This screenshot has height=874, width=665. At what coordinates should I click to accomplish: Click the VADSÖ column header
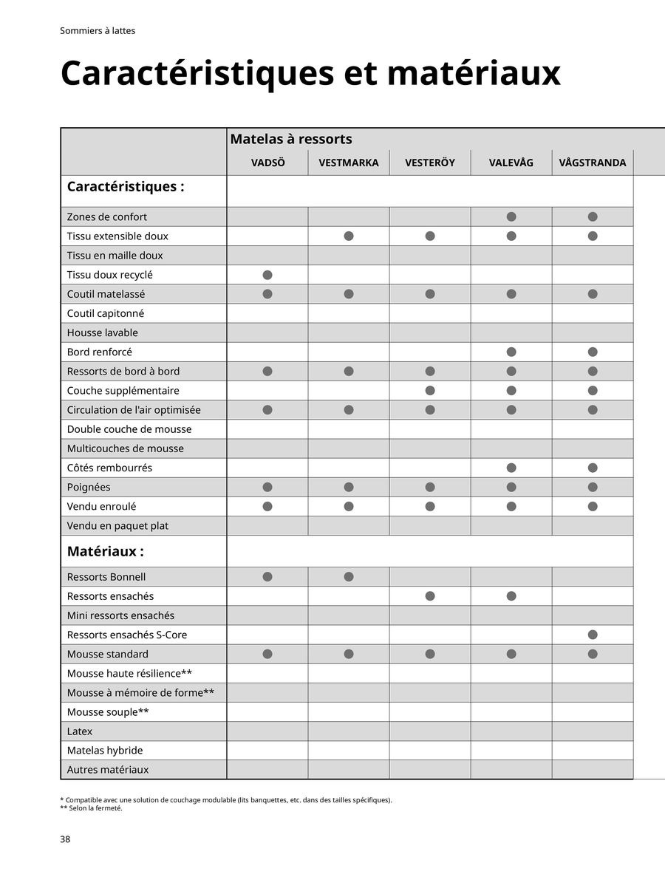[x=267, y=163]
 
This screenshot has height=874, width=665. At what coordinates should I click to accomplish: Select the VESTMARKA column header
[x=349, y=163]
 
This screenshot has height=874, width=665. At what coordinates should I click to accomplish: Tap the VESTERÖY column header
[x=430, y=163]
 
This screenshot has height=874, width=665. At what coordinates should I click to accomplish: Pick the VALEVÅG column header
[x=511, y=163]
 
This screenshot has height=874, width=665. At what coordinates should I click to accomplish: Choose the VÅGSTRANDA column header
[x=593, y=163]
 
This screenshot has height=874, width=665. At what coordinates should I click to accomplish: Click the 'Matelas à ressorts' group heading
[x=291, y=139]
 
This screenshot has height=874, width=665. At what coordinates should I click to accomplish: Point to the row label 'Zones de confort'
[x=107, y=216]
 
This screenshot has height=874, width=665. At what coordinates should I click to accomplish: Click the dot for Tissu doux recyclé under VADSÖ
[x=267, y=275]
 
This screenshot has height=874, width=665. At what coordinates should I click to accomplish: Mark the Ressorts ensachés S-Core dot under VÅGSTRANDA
[x=593, y=635]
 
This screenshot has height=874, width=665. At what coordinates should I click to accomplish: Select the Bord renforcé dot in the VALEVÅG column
[x=511, y=352]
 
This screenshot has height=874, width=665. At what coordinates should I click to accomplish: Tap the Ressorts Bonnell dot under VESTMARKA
[x=349, y=577]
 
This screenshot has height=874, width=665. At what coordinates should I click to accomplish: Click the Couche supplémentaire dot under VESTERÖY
[x=430, y=390]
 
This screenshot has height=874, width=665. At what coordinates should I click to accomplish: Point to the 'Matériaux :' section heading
[x=106, y=551]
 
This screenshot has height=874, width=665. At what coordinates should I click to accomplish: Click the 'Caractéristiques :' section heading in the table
[x=126, y=186]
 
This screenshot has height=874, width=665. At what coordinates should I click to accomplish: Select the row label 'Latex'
[x=80, y=731]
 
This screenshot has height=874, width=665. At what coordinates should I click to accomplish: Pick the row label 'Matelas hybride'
[x=105, y=751]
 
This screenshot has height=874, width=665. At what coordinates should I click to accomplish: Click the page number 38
[x=65, y=839]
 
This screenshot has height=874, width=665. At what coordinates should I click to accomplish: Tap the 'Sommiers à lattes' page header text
[x=98, y=31]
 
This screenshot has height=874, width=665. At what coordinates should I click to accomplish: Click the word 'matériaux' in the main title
[x=473, y=73]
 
